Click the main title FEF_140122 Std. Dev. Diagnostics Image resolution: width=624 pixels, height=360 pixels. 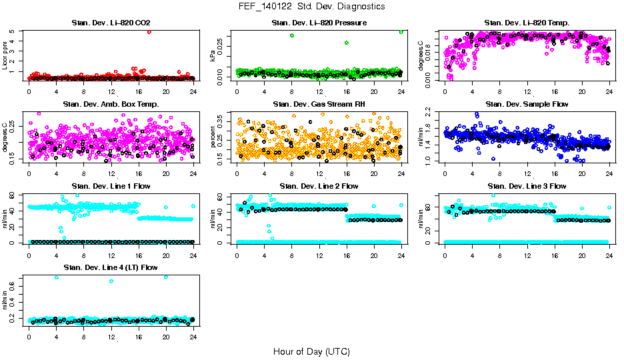(311, 7)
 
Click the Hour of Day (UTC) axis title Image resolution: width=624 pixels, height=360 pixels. (311, 351)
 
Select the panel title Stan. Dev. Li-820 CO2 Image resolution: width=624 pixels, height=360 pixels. (111, 23)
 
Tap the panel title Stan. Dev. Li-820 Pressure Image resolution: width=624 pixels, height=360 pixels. (319, 23)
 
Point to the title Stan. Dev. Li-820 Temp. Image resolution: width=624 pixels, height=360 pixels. (527, 23)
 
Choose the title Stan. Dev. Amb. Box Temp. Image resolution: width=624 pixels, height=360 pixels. (111, 104)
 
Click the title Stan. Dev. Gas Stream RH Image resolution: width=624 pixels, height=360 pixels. (319, 104)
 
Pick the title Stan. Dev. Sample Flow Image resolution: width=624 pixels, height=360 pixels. (527, 104)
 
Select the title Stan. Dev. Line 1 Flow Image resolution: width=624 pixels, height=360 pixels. (111, 186)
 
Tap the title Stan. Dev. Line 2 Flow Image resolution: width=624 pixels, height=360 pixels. (319, 186)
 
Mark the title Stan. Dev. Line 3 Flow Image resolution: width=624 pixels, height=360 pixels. (527, 186)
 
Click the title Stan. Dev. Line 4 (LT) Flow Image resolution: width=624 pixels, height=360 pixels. (111, 267)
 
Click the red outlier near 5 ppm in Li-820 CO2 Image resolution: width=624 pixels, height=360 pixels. (149, 32)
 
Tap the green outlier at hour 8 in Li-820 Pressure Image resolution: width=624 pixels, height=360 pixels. (292, 35)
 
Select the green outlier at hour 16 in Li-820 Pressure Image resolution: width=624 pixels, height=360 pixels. (347, 43)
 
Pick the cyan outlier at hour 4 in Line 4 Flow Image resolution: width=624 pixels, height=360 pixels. (56, 277)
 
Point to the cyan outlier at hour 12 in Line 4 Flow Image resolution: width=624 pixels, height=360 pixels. (111, 281)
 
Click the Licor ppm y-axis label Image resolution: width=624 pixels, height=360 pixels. (5, 55)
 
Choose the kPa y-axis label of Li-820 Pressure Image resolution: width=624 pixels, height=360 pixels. (213, 55)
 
